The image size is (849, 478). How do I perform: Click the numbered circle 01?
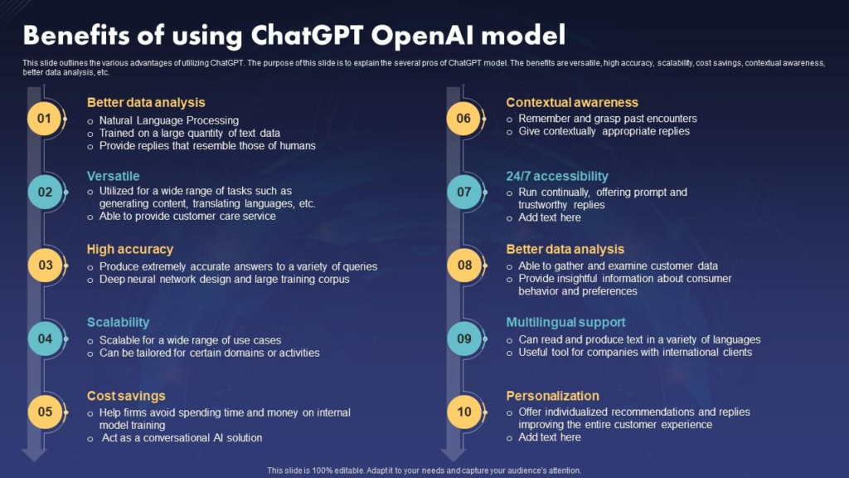coord(45,119)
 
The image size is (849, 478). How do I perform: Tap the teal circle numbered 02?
coord(45,192)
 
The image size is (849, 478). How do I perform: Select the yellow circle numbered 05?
coord(45,412)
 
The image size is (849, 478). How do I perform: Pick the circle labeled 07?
coord(463,192)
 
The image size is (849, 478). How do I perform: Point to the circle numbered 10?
coord(463,412)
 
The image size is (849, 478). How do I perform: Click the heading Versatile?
coord(113,176)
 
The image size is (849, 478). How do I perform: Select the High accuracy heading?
coord(130,249)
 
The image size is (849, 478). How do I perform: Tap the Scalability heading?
coord(118,322)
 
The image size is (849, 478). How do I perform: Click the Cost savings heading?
coord(126,396)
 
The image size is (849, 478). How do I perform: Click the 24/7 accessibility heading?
coord(557,176)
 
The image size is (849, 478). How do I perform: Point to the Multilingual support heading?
coord(565,322)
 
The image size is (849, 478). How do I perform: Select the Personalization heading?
coord(552,396)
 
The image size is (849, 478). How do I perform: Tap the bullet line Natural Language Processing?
coord(168,120)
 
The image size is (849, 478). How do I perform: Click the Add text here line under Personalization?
coord(549,437)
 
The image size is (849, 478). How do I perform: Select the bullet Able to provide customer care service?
coord(187,216)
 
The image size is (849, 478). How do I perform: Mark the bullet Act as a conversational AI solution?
coord(182,437)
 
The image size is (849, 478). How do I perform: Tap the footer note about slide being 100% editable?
coord(424,471)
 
